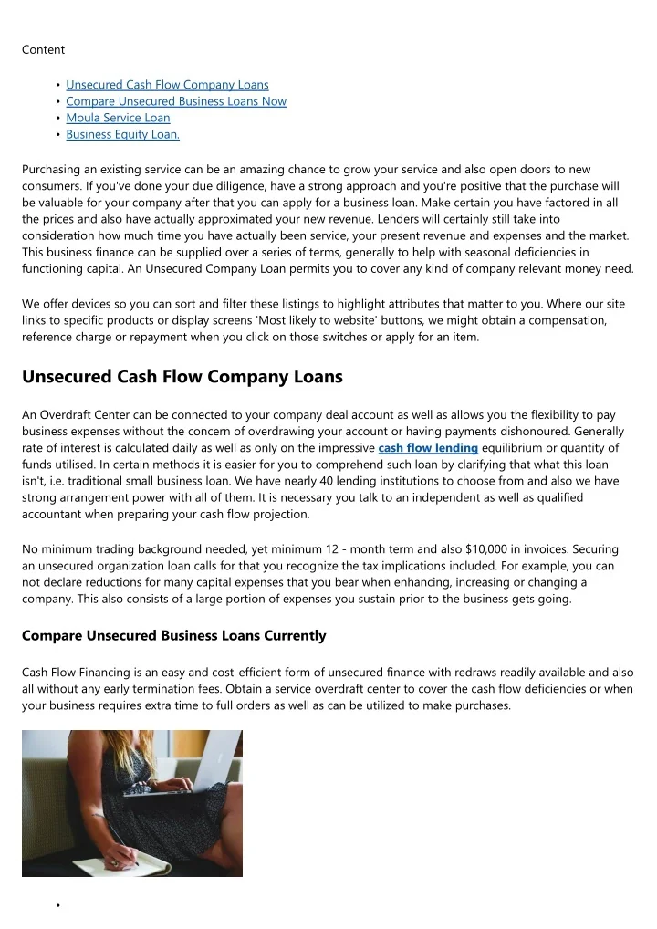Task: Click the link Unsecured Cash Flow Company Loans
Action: (167, 85)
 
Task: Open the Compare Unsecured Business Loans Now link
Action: (176, 101)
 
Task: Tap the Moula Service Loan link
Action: (118, 118)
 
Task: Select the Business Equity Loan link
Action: (123, 134)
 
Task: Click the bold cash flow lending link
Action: (428, 447)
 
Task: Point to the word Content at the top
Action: (43, 49)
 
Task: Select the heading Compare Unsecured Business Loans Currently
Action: (173, 635)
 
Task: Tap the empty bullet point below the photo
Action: (57, 905)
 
